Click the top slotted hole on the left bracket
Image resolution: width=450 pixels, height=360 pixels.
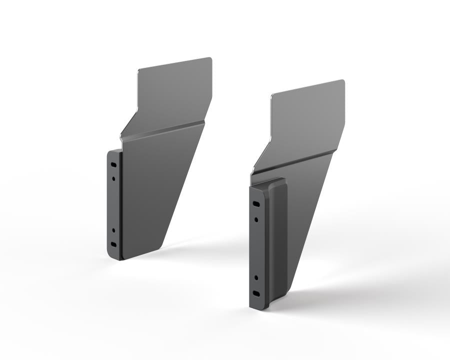114,164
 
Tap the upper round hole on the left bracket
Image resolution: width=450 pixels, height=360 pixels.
114,177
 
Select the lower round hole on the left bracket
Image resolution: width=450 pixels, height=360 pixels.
113,231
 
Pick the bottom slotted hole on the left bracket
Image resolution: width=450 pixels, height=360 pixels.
113,244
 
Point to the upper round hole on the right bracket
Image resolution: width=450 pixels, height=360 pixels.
256,219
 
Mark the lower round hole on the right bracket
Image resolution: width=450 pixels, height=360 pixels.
256,277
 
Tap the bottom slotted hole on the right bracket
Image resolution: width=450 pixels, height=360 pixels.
256,293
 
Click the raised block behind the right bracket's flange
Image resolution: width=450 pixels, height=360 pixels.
277,235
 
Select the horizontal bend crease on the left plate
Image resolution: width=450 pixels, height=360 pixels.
165,129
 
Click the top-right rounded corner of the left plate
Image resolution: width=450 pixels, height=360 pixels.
209,60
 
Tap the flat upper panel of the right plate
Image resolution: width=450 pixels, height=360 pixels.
307,120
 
